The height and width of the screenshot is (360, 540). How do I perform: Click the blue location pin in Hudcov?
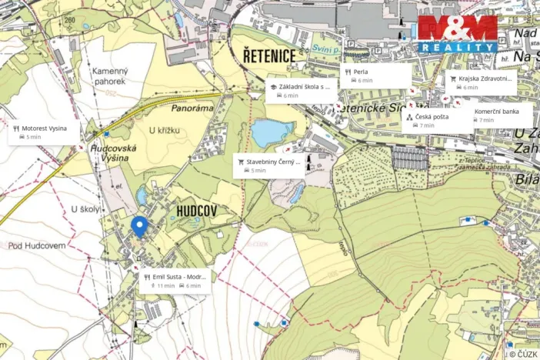(x=138, y=226)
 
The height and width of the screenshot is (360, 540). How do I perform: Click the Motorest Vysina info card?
(x=45, y=132)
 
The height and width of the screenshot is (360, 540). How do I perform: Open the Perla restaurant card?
(x=375, y=75)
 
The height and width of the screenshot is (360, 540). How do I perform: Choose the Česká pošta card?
(x=435, y=120)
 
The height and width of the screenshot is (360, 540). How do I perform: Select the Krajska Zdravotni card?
(x=481, y=82)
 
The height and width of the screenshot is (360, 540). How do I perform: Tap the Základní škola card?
(x=301, y=91)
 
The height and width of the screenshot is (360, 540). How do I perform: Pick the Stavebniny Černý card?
(x=268, y=165)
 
